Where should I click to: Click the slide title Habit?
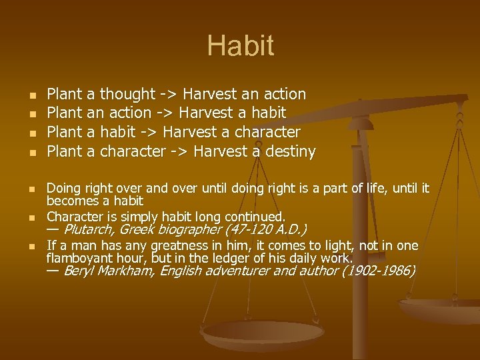[x=240, y=46]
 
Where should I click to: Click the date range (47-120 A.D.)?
[x=267, y=230]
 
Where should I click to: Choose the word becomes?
[x=70, y=201]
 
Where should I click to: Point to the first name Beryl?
[x=76, y=271]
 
